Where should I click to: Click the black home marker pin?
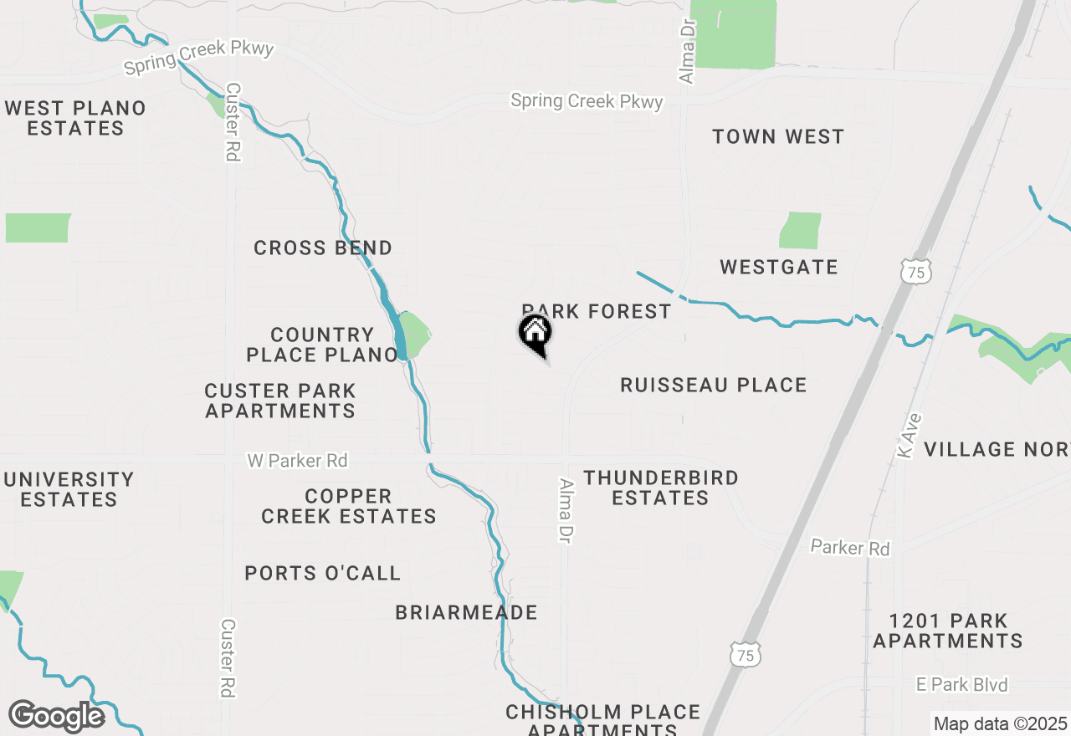(535, 335)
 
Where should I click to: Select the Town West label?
(778, 137)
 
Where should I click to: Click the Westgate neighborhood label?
(778, 268)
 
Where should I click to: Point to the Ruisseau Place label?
(713, 386)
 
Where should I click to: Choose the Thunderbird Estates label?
(661, 488)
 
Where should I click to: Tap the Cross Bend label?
(322, 248)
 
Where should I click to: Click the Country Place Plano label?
(322, 345)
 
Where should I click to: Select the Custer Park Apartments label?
(280, 401)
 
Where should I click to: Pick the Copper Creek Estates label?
(348, 506)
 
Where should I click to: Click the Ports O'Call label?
(322, 574)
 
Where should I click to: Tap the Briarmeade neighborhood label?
(466, 613)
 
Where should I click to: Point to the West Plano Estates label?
(75, 118)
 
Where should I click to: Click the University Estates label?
(69, 489)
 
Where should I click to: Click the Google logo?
(56, 717)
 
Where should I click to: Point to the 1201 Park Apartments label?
(948, 631)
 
